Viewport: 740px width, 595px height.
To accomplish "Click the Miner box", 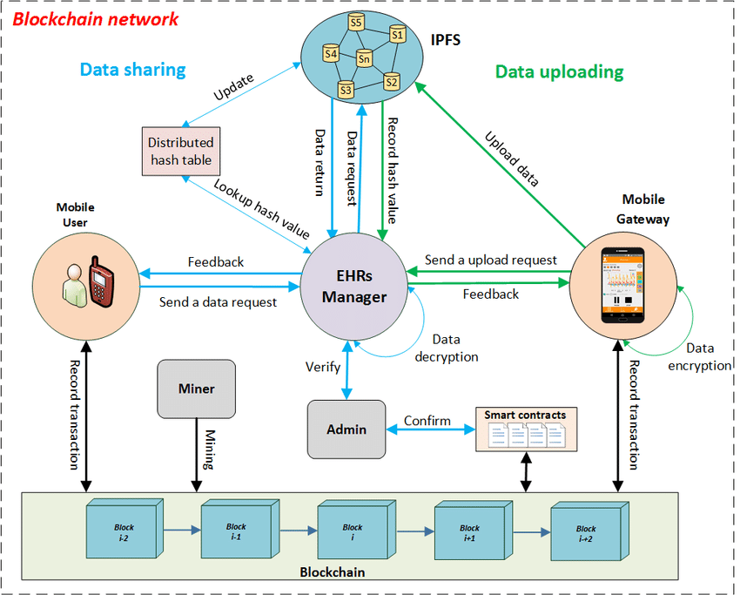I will coord(197,389).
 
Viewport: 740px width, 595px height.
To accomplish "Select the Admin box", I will coord(346,429).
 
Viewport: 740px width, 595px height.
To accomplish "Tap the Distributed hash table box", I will coord(180,151).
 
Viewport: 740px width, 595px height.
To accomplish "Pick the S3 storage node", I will coord(346,88).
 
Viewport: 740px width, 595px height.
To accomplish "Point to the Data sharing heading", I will coord(133,70).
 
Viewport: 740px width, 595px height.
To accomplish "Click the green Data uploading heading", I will coord(559,71).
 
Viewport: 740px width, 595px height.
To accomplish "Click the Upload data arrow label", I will coord(513,159).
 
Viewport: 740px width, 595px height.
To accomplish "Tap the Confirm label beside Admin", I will coord(427,421).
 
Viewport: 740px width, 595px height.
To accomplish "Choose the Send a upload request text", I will coord(490,260).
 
